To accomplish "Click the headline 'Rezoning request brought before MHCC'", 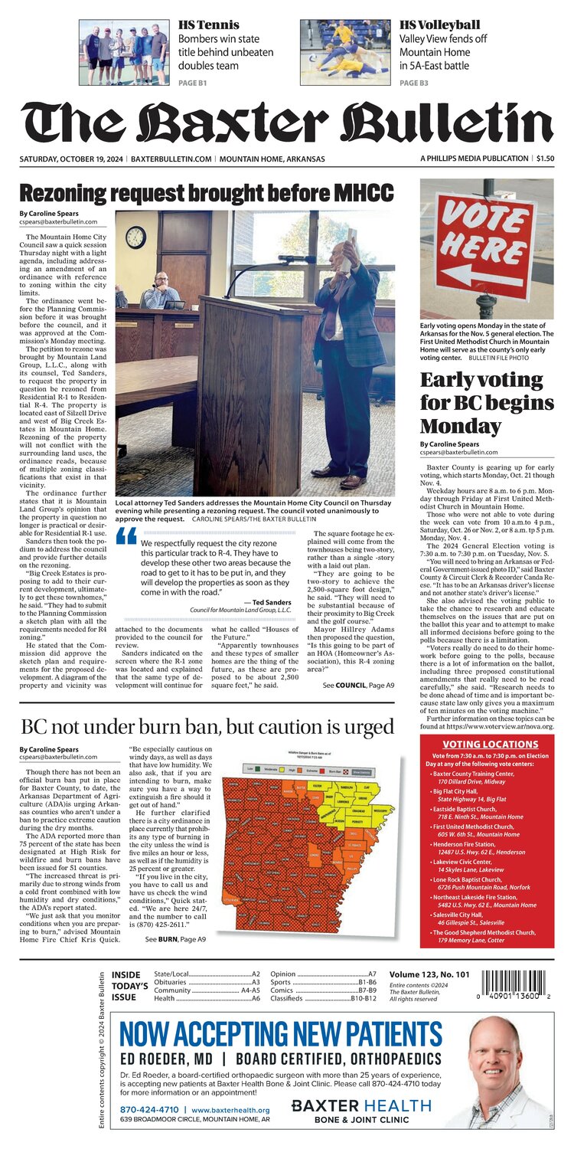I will point(207,191).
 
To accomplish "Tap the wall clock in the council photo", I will point(135,237).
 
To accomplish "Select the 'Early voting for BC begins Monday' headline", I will point(487,403).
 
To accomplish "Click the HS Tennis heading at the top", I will point(208,25).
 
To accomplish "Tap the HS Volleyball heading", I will point(439,25).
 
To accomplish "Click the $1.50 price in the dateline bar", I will point(545,159).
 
